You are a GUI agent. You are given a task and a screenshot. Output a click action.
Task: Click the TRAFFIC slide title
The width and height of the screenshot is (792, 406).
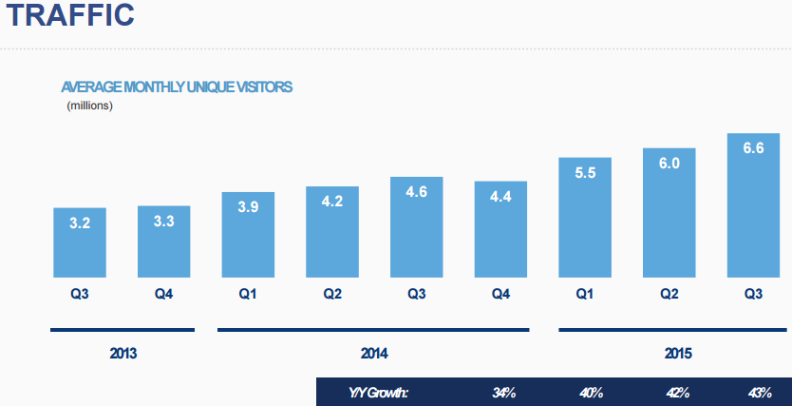tap(73, 17)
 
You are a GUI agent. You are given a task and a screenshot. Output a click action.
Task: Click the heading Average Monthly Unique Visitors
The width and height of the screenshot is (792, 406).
tap(177, 87)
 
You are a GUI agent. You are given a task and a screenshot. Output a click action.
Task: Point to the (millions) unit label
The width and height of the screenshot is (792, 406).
tap(90, 106)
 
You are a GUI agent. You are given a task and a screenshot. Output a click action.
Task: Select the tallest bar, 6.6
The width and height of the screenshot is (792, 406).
tap(754, 206)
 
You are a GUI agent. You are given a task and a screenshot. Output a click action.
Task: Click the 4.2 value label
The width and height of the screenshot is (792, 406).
tap(332, 202)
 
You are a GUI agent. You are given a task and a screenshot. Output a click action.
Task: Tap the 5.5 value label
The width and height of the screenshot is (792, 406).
tap(585, 173)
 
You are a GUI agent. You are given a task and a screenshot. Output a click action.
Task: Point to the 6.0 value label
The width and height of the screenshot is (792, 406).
tap(669, 163)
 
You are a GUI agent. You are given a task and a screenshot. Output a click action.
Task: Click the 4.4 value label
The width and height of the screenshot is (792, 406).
tap(500, 196)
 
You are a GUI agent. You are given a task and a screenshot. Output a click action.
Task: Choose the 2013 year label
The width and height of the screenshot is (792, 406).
tap(123, 354)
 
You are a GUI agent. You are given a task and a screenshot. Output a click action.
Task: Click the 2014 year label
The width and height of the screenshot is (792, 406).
tap(374, 354)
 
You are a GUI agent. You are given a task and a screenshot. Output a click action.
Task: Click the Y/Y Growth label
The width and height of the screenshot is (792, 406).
tap(379, 392)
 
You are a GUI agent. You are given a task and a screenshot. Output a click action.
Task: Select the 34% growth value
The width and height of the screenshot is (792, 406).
tap(503, 392)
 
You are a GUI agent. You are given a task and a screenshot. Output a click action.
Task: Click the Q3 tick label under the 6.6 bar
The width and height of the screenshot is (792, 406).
tap(754, 294)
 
